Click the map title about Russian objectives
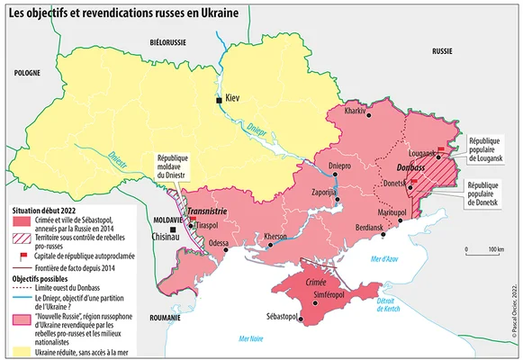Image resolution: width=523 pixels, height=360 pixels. tap(131, 12)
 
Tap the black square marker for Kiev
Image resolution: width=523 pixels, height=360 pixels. tap(217, 99)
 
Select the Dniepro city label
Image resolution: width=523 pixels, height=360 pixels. tap(339, 166)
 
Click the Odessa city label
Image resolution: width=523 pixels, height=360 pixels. tap(219, 243)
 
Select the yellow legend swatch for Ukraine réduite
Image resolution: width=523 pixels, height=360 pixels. tap(18, 349)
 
